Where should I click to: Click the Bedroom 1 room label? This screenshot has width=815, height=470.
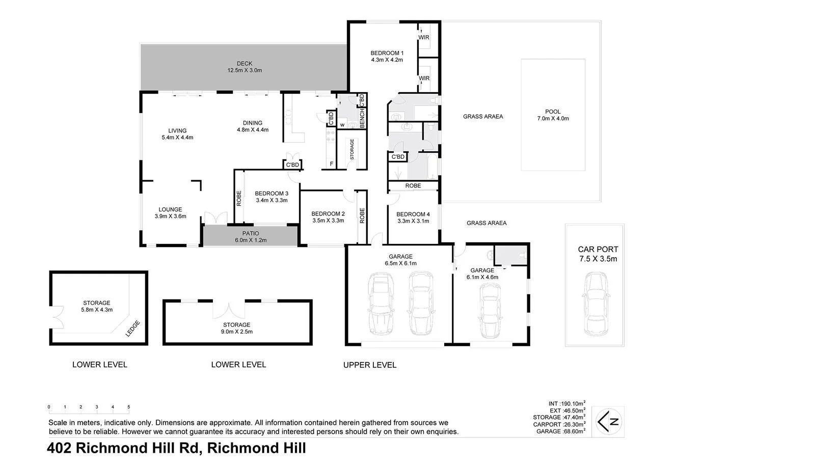pos(387,56)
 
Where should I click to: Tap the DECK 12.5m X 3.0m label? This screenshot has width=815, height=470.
pos(244,67)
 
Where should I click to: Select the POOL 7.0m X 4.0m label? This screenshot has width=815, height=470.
pos(553,115)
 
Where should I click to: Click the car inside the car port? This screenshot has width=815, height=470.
pos(595,303)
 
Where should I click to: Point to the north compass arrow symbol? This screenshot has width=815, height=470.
pos(610,421)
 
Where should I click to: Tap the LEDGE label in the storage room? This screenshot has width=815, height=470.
pos(132,328)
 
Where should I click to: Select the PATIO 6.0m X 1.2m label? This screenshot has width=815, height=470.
pos(250,237)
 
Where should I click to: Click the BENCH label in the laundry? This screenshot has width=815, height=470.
pos(362,119)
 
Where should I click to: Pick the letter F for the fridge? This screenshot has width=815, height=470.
pos(332,164)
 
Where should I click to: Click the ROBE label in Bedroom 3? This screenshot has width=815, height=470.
pos(239,198)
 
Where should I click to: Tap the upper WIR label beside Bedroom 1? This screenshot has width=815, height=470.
pos(424,38)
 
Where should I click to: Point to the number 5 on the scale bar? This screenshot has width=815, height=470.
pos(129,407)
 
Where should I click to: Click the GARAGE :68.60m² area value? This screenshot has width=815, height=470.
pos(561,431)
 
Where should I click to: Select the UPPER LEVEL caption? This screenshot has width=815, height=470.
pos(369,365)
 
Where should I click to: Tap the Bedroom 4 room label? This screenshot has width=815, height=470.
pos(413,217)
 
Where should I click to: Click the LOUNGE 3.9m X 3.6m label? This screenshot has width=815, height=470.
pos(170,212)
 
